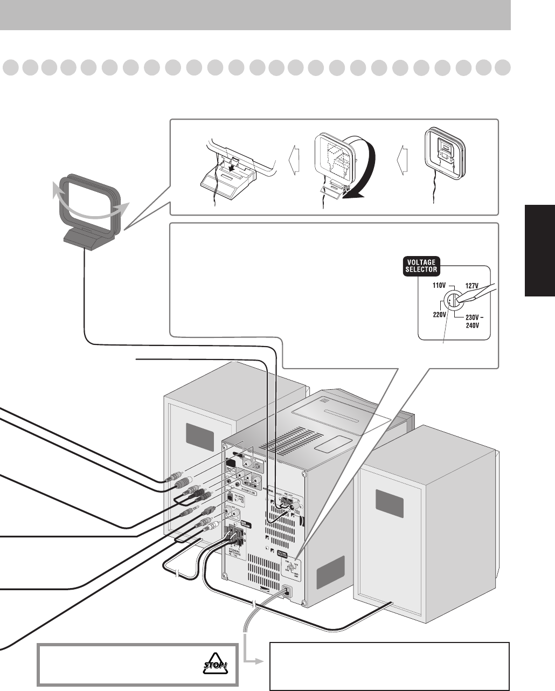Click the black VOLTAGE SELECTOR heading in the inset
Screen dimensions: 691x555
[x=422, y=265]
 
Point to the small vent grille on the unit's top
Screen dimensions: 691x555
[x=324, y=402]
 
